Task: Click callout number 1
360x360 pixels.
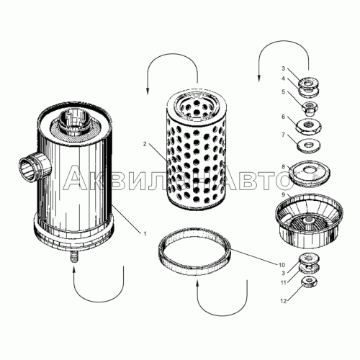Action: (x=145, y=233)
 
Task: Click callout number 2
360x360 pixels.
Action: (x=145, y=144)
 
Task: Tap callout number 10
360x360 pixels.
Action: (x=282, y=265)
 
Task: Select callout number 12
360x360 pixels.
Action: (x=284, y=301)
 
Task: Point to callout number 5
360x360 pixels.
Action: (x=283, y=91)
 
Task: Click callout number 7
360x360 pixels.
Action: (x=283, y=135)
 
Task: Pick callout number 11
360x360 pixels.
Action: (x=284, y=282)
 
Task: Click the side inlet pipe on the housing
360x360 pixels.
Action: (x=35, y=166)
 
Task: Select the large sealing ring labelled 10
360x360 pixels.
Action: (x=194, y=251)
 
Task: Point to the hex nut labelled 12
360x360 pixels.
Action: (x=309, y=282)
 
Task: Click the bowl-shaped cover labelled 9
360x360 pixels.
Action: (x=309, y=222)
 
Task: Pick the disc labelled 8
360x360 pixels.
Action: (x=309, y=174)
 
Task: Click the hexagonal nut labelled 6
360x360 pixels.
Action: (x=308, y=127)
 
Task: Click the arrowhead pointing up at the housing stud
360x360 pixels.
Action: (x=74, y=269)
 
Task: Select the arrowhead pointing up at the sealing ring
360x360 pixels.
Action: (x=198, y=284)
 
